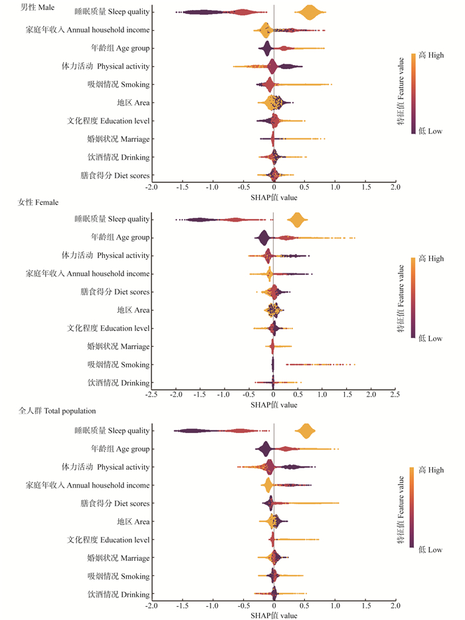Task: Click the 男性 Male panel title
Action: [x=37, y=7]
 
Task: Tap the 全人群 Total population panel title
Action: [x=57, y=411]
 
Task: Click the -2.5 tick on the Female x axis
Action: [x=151, y=395]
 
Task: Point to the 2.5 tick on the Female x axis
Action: [x=395, y=395]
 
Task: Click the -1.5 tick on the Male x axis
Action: [x=182, y=188]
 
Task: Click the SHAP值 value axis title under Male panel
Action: [x=274, y=197]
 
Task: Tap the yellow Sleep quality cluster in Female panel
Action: [x=296, y=220]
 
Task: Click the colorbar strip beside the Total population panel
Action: [x=413, y=508]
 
